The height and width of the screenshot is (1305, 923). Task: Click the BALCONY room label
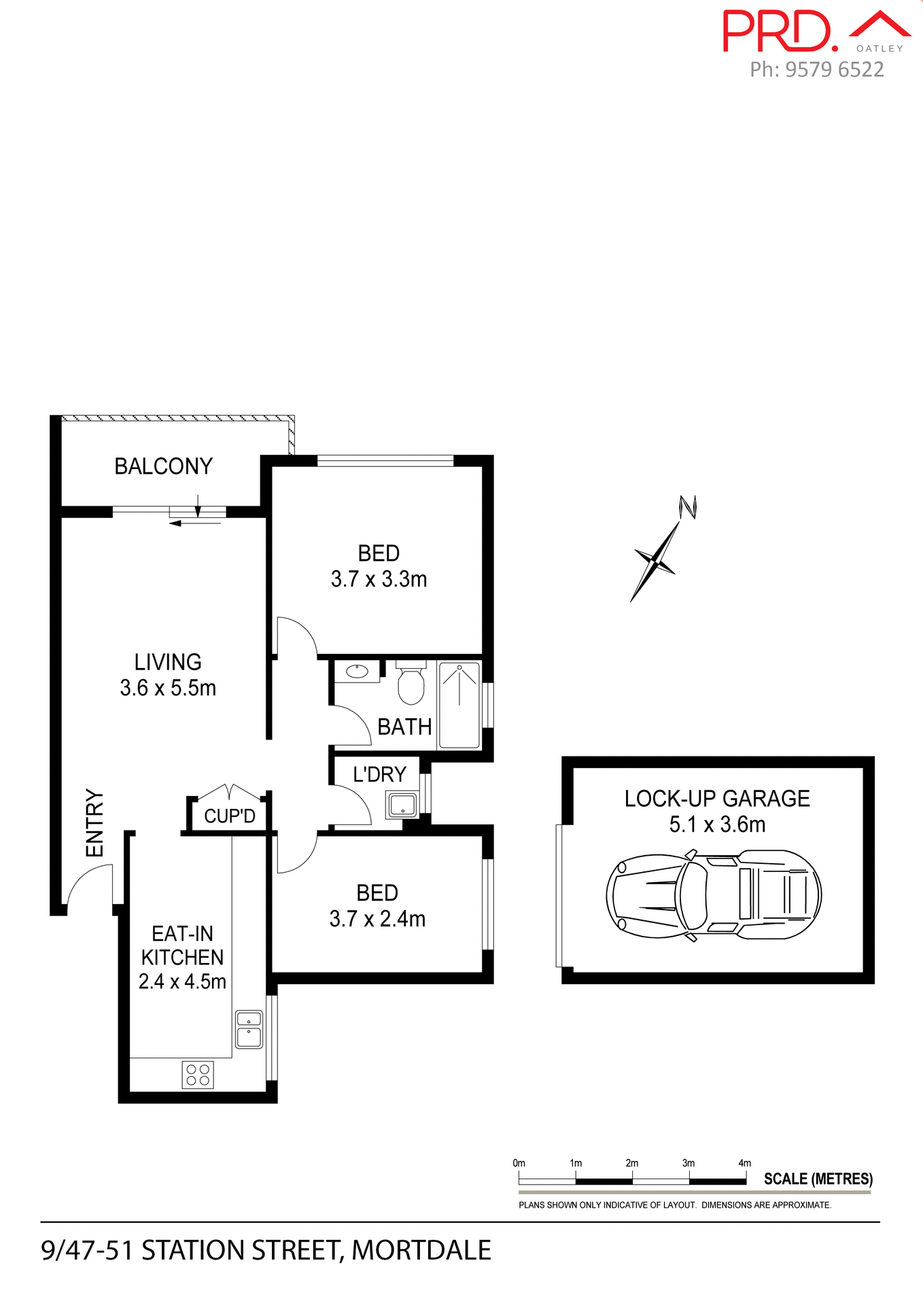[x=163, y=466]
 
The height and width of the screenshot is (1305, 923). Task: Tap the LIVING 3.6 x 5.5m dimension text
[x=168, y=688]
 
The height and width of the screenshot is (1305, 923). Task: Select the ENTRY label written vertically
[x=94, y=822]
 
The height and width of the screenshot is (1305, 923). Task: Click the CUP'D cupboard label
[x=230, y=816]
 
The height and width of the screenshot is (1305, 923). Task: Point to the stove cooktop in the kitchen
[x=198, y=1075]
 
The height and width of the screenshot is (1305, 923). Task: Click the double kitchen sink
[x=249, y=1029]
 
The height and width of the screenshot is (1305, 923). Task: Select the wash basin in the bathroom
[x=358, y=672]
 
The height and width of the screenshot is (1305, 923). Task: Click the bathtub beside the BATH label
[x=459, y=705]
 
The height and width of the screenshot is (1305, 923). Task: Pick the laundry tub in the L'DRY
[x=402, y=805]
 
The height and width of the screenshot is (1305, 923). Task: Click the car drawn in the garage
[x=714, y=894]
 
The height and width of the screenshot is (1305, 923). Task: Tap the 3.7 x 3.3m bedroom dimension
[x=379, y=579]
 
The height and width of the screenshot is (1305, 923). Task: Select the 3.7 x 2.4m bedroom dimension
[x=377, y=919]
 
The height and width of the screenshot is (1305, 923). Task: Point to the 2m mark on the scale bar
[x=632, y=1163]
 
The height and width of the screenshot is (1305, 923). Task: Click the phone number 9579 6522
[x=835, y=69]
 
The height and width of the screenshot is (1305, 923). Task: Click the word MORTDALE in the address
[x=421, y=1251]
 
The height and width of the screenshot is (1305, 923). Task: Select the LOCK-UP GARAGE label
[x=717, y=799]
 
